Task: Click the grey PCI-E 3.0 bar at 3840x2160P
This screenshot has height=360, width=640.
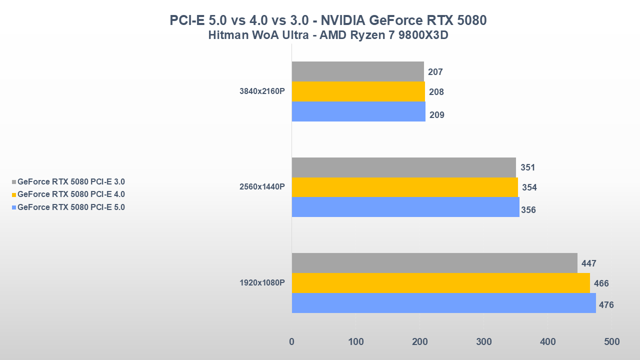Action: [x=357, y=71]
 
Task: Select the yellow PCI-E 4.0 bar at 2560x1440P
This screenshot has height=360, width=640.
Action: [x=404, y=187]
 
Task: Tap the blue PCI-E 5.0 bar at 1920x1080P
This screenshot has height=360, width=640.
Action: [x=443, y=303]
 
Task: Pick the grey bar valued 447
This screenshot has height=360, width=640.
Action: [x=434, y=263]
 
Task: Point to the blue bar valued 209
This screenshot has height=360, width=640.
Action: [x=358, y=111]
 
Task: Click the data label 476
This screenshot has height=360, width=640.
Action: [x=606, y=305]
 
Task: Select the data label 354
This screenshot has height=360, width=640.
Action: [x=529, y=187]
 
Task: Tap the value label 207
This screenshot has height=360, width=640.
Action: [x=435, y=72]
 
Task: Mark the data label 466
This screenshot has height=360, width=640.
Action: [x=601, y=283]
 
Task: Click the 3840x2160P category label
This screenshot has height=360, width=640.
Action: [x=262, y=91]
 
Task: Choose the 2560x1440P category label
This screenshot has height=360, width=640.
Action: [x=262, y=187]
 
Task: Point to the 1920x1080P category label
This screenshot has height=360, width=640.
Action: [x=262, y=282]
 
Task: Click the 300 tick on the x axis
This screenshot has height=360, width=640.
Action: [x=483, y=342]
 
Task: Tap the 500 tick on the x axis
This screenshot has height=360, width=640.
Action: [x=611, y=342]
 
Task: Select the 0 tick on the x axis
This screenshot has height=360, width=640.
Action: [x=292, y=342]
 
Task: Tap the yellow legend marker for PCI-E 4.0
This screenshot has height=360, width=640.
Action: [x=14, y=195]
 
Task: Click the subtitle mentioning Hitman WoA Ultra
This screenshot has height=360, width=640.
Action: [x=327, y=35]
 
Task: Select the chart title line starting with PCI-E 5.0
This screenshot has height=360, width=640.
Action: [x=328, y=20]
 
